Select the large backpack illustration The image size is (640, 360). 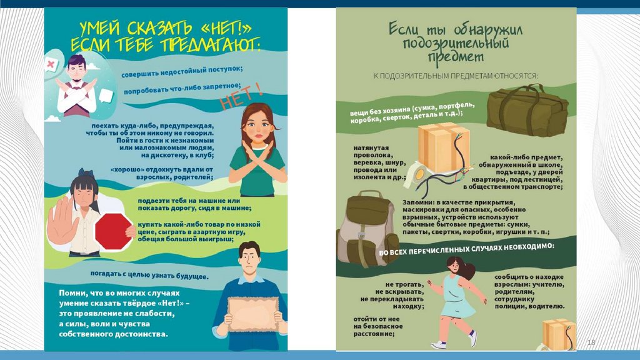366,229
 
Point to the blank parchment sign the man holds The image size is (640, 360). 253,314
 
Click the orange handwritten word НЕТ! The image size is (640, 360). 241,97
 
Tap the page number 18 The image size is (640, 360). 591,342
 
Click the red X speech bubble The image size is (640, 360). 51,64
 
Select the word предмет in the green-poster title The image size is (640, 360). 456,57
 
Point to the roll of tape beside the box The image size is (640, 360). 417,174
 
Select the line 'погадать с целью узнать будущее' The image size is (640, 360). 149,275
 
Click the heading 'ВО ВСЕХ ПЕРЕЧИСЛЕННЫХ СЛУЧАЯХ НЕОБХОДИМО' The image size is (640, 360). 466,249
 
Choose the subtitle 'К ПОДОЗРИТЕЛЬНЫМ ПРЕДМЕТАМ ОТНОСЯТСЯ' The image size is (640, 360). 456,76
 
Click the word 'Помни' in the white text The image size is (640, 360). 70,293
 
